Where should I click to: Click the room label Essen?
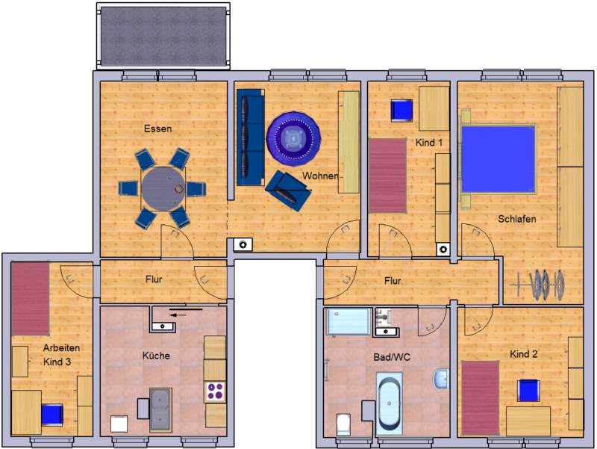[x=157, y=128]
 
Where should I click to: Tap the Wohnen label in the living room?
[x=320, y=176]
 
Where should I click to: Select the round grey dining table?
[x=163, y=189]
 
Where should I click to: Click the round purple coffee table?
[x=293, y=139]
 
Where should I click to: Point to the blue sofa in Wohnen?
[x=251, y=137]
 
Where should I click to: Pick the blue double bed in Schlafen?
[x=498, y=159]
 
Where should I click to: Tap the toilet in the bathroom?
[x=343, y=424]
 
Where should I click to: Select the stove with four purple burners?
[x=215, y=391]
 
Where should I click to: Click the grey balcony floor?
[x=163, y=36]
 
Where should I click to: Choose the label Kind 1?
[x=428, y=143]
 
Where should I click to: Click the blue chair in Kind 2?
[x=528, y=390]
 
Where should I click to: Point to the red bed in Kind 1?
[x=387, y=176]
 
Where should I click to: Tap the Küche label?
[x=156, y=356]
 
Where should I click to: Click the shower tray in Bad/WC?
[x=348, y=322]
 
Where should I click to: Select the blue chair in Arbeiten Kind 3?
[x=52, y=415]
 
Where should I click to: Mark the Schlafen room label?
[x=516, y=219]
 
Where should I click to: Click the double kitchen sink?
[x=160, y=410]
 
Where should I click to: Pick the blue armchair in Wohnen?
[x=288, y=191]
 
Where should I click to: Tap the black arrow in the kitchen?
[x=178, y=315]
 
